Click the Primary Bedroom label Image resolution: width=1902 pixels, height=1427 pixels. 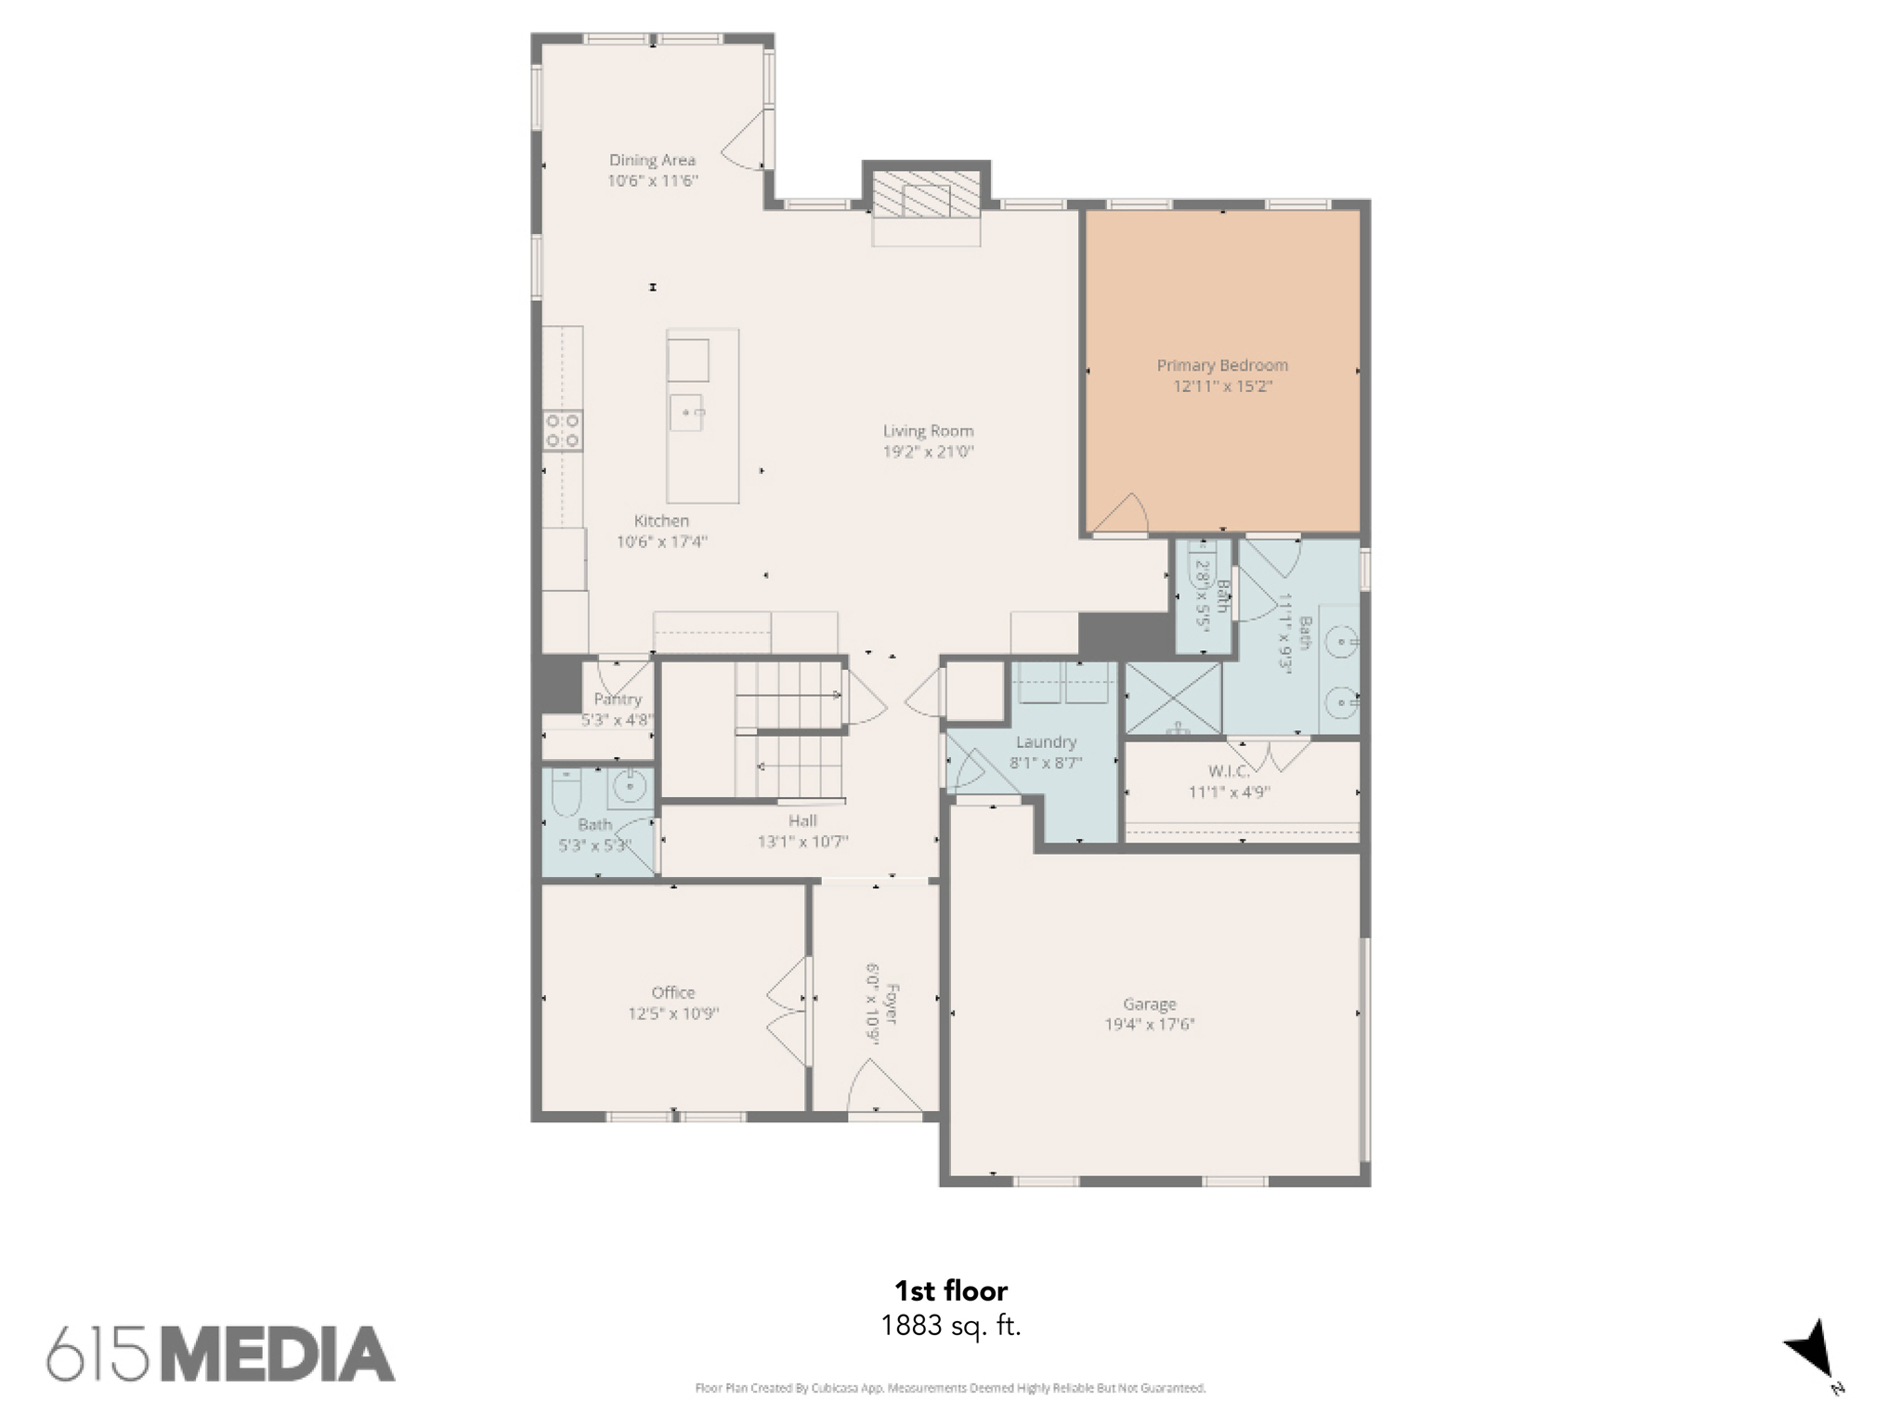pos(1222,366)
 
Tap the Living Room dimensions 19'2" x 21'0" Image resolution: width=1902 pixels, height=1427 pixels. pos(928,452)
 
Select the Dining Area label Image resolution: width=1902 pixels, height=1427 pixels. pos(652,160)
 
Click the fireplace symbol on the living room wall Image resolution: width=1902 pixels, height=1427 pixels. pos(926,196)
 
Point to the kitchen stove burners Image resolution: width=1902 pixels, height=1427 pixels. pos(563,431)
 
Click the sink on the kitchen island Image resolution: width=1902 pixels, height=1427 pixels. pos(686,412)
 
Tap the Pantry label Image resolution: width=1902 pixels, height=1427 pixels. pos(618,700)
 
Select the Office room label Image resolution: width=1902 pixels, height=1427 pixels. pos(673,992)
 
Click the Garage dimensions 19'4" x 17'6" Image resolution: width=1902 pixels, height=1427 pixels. pos(1150,1025)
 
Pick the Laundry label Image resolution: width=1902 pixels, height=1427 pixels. pos(1046,742)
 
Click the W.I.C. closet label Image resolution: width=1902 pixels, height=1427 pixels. pos(1229,771)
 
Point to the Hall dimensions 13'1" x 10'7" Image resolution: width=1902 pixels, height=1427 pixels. pos(803,843)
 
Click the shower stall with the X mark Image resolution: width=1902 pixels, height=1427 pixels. pos(1173,698)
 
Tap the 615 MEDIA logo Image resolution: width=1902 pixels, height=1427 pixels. pos(221,1354)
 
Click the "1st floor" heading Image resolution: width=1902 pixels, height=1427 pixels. pos(951,1290)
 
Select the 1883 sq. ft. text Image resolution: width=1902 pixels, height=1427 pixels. pos(951,1326)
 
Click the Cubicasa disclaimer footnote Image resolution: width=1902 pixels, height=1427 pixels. pos(950,1389)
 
